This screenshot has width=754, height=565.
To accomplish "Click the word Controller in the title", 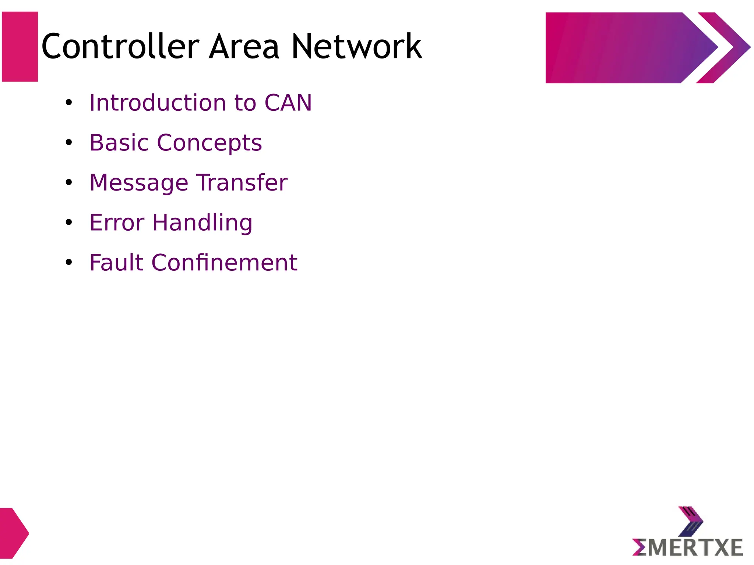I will tap(120, 46).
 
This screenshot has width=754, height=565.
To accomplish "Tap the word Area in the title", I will tap(244, 46).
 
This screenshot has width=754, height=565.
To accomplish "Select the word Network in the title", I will tap(356, 46).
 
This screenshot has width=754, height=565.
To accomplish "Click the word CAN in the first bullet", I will tap(288, 103).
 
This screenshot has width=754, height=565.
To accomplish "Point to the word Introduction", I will tap(158, 103).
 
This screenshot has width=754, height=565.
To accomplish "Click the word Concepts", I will tap(209, 143).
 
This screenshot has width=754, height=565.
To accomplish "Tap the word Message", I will tap(138, 183).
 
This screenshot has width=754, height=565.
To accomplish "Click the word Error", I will tap(117, 223).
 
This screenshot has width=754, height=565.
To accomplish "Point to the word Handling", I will tap(202, 223).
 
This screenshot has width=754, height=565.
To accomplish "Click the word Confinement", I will tap(225, 263).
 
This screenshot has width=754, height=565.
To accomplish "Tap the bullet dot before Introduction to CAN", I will tap(68, 103).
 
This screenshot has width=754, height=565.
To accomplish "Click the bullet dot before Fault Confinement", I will tap(68, 262).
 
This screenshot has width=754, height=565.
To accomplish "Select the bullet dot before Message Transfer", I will tap(68, 182).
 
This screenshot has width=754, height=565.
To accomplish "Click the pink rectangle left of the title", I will tap(20, 47).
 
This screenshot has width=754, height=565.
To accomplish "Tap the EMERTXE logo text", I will tap(687, 548).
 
